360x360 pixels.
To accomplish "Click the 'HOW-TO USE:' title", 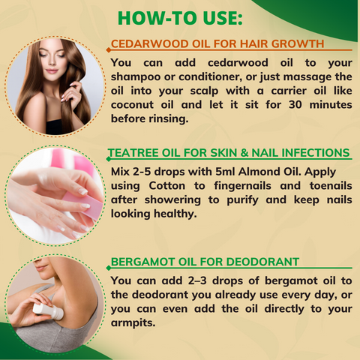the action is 180,18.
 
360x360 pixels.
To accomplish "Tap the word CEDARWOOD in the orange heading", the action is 149,43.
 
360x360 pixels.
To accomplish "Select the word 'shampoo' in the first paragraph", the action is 136,77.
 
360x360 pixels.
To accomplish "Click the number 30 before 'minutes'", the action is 295,104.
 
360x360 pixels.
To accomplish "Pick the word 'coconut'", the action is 132,105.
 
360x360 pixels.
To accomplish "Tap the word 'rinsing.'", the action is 169,118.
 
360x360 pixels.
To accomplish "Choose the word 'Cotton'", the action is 167,186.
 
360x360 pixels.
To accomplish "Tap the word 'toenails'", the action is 331,186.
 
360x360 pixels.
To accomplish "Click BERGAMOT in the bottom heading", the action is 142,262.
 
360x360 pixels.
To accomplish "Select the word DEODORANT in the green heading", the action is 262,262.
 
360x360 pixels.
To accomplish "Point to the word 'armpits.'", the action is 133,323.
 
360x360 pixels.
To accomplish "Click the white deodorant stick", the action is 48,311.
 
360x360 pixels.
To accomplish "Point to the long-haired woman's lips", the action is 52,71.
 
